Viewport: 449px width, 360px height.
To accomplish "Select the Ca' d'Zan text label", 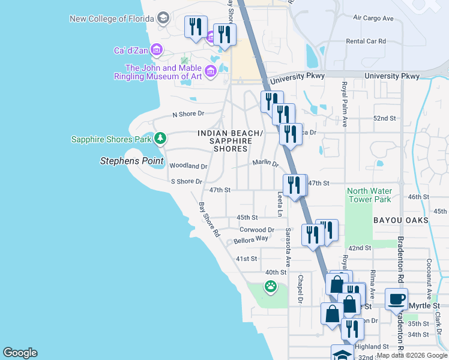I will (130, 50).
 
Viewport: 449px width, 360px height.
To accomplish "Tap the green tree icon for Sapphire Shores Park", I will (160, 139).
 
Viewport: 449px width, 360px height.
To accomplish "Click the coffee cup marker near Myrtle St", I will (397, 299).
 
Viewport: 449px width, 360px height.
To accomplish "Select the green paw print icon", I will (271, 287).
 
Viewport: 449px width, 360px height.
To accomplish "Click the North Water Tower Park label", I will (369, 195).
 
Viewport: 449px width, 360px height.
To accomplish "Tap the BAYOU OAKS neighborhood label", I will (400, 220).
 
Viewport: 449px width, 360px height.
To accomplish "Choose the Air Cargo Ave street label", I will (373, 19).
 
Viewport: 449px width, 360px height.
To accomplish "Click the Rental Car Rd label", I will (366, 41).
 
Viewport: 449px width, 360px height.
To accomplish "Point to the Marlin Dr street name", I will (265, 163).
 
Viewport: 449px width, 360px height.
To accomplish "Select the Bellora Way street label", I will (251, 239).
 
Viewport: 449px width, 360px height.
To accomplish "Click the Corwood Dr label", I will (257, 230).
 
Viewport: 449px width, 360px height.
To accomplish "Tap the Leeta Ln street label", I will (280, 204).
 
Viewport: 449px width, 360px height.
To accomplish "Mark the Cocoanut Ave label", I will (429, 279).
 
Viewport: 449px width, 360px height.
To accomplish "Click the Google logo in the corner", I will (20, 353).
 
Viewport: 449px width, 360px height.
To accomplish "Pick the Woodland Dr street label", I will (188, 166).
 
